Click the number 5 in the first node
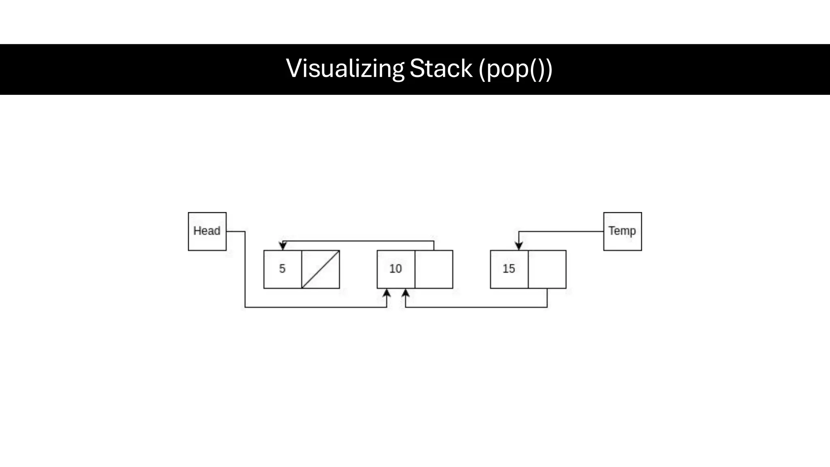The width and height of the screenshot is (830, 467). coord(282,269)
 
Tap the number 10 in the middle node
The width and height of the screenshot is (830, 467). coord(395,269)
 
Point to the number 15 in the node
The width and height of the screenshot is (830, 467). coord(509,269)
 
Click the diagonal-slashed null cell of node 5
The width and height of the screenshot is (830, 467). coord(321,269)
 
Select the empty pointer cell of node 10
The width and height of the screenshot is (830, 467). coord(434,269)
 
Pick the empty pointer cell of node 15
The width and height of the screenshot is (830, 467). coord(547,269)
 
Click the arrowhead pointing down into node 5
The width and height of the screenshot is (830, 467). coord(283,246)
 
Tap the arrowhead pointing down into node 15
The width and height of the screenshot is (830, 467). coord(519,246)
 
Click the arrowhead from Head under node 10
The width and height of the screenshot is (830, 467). coord(387,293)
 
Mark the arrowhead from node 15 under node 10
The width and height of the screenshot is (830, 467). coord(406,293)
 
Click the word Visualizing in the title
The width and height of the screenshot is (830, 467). coord(345,69)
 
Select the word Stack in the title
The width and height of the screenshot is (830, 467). coord(441,69)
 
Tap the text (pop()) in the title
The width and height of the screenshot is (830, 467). coord(515,69)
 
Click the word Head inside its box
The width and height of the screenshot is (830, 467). coord(207,231)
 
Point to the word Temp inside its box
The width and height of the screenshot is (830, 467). coord(622,231)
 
